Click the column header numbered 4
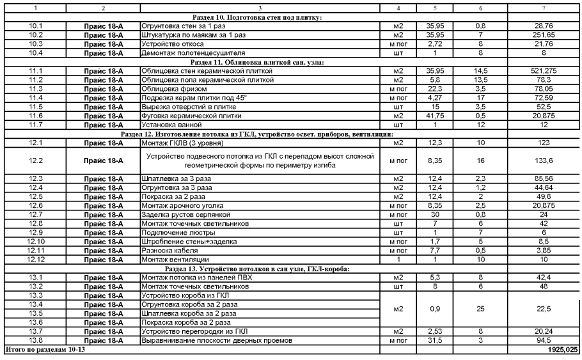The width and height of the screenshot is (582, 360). (x=398, y=8)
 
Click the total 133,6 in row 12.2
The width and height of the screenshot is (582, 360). (x=543, y=160)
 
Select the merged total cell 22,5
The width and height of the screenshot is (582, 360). (x=543, y=309)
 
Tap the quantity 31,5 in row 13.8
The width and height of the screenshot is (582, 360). (x=435, y=341)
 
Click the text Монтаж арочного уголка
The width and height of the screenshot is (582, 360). (x=182, y=206)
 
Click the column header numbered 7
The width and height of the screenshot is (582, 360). (x=543, y=8)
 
